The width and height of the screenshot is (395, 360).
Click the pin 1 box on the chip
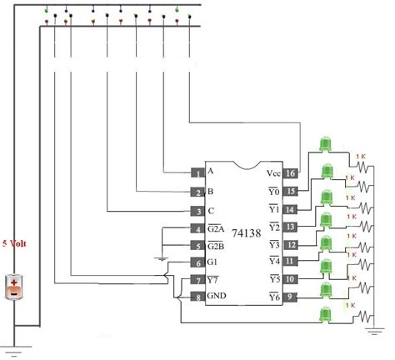click(x=197, y=172)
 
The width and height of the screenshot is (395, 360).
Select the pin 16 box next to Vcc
click(x=291, y=173)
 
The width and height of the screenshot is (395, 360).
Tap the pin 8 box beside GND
click(x=197, y=297)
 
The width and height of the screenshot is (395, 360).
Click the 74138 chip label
click(x=244, y=234)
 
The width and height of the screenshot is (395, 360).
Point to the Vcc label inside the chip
click(x=272, y=173)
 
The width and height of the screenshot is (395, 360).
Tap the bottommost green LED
click(x=323, y=315)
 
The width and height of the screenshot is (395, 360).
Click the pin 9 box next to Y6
click(x=291, y=297)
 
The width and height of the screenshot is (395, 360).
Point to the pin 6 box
click(x=197, y=262)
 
